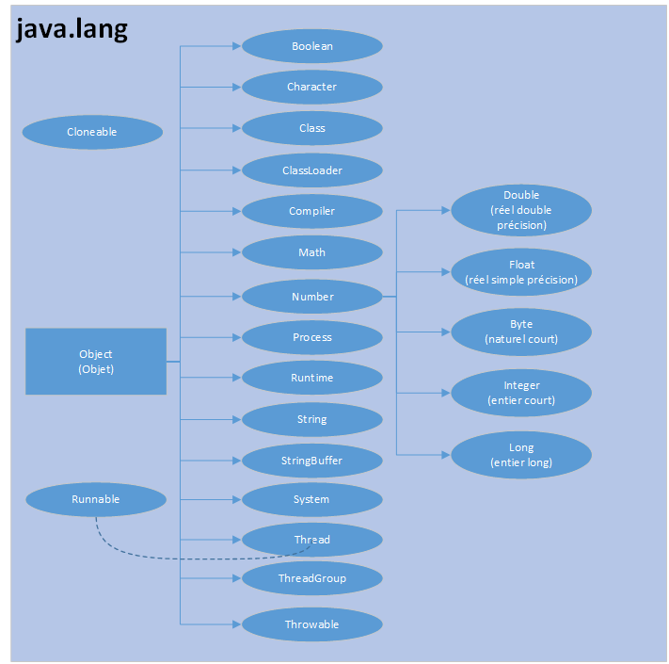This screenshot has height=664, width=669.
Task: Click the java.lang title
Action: [72, 30]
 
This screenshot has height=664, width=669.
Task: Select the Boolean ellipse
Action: [312, 46]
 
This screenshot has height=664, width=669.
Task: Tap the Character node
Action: [312, 87]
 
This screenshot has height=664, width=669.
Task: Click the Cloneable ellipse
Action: [92, 132]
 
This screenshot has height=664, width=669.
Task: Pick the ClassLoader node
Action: [312, 170]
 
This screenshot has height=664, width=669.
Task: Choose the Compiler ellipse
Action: [312, 211]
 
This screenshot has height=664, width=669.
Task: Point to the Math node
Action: [312, 252]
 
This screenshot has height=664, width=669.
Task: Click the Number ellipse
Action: [312, 297]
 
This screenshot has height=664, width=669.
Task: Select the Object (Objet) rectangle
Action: [96, 362]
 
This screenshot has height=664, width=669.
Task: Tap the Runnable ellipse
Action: [96, 499]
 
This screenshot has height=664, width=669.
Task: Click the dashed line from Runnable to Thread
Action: [169, 557]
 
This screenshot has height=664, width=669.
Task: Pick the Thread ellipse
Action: [312, 540]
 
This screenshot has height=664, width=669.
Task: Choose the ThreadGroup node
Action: [312, 578]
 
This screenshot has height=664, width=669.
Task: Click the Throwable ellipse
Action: [312, 624]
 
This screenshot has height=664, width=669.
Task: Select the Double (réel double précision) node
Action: [521, 210]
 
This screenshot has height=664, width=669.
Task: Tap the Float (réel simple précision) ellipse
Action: [521, 272]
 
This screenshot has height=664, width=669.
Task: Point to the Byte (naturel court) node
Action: [521, 332]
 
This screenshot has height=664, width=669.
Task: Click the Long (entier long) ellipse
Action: [521, 455]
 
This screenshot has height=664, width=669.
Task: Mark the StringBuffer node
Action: [312, 461]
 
